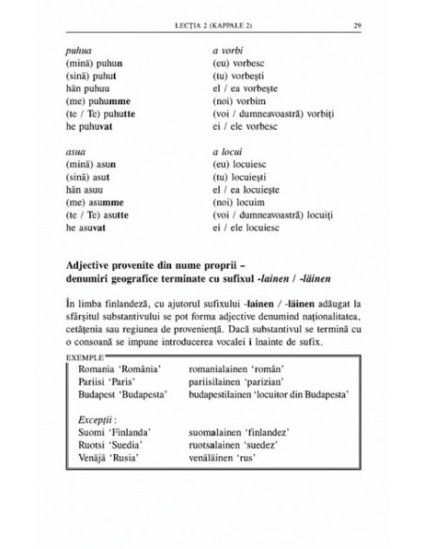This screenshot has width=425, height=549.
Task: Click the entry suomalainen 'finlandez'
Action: click(x=259, y=436)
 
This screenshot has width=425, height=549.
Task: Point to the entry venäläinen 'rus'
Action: click(x=244, y=464)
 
